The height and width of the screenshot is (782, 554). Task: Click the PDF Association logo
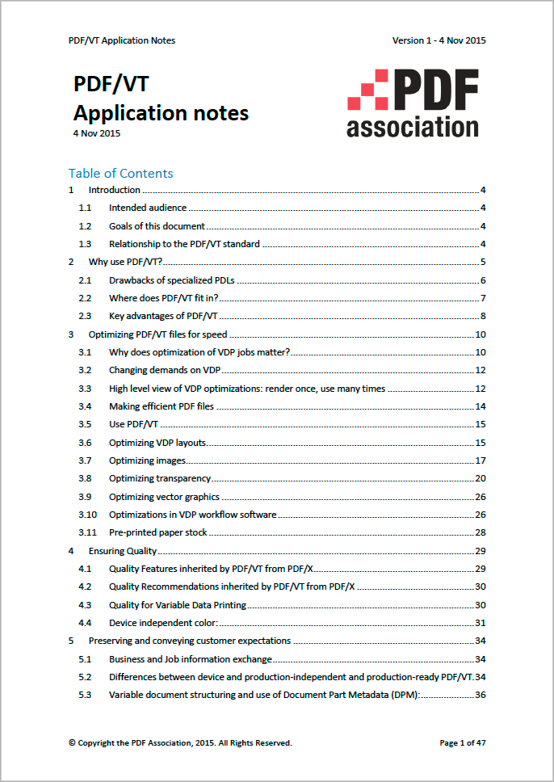coord(413,103)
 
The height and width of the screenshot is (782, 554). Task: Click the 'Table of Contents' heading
coord(120,173)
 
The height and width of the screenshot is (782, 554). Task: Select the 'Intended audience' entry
coord(148,208)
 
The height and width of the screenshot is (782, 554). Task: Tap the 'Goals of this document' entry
coord(157,226)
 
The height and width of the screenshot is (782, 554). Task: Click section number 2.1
coord(85,280)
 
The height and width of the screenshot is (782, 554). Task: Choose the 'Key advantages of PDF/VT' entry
coord(163,316)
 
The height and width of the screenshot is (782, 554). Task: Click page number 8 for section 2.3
coord(482,316)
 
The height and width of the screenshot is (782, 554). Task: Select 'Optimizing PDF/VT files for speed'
coord(157,334)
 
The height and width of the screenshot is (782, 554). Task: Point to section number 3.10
coord(87,515)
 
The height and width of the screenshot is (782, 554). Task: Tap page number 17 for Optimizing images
coord(480,460)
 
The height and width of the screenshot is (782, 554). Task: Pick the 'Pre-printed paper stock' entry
coord(157,532)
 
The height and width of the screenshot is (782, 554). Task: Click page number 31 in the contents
coord(480,623)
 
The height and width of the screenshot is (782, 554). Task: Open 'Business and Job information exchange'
coord(190,659)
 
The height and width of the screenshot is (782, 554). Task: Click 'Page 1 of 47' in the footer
coord(462,742)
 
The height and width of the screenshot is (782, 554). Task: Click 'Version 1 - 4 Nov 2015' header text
coord(439,40)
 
